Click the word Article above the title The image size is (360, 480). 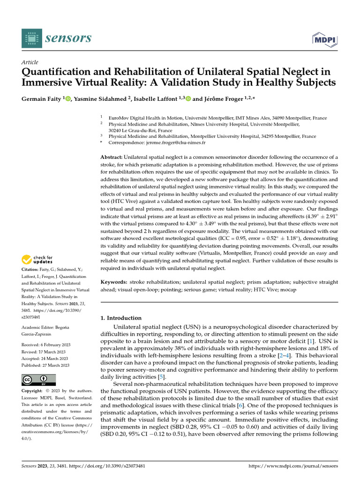coord(30,62)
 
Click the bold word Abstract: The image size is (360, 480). coord(112,157)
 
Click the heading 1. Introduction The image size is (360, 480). coord(121,318)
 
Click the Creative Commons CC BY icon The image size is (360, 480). coord(39,380)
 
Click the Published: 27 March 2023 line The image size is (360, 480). coord(46,366)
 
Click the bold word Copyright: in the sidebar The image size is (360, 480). coord(34,390)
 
